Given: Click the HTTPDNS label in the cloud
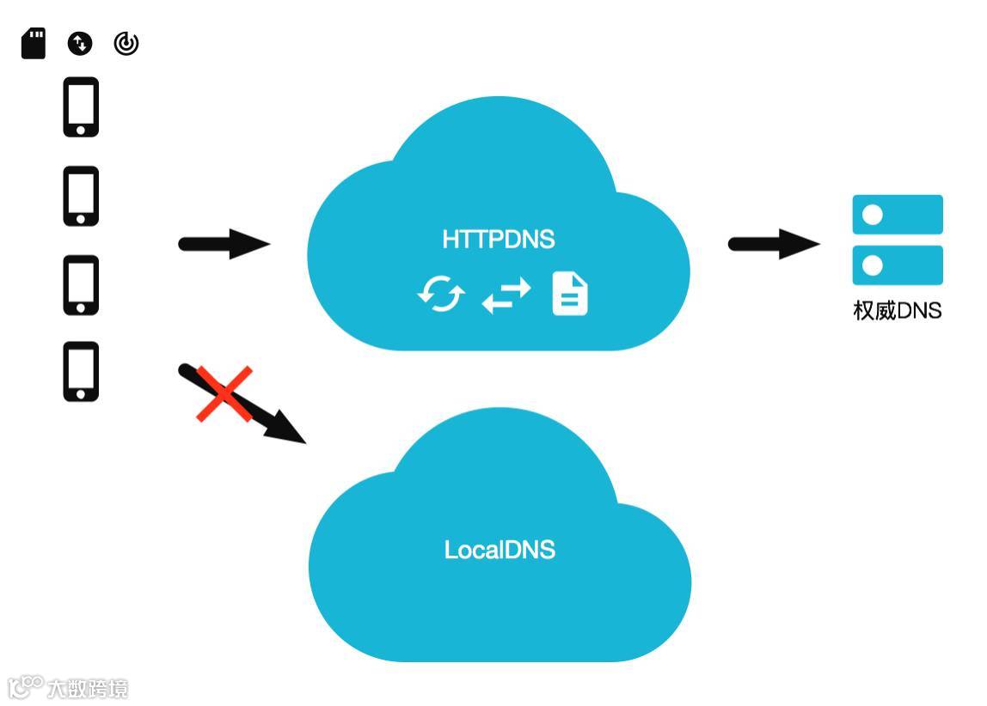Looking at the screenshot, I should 499,239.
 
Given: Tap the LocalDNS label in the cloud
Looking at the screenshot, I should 500,550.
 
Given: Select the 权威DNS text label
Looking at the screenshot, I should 897,310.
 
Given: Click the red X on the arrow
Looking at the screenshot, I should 224,394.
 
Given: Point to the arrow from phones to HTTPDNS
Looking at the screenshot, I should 224,244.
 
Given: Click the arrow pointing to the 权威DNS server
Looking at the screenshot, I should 774,244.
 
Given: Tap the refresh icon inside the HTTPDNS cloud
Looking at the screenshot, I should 441,295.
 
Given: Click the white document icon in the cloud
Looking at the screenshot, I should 570,294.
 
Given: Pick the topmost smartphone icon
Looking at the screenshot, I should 81,107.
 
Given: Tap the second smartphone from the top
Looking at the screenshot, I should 81,196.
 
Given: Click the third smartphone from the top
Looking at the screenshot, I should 81,285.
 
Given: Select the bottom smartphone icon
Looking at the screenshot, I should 81,371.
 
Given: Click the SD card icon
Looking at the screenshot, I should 34,43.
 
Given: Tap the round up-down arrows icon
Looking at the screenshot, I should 80,43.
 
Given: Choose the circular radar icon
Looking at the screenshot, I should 126,43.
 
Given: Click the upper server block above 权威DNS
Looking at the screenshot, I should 898,215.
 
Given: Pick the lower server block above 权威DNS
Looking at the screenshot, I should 898,265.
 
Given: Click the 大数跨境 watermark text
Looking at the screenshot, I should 87,688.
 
